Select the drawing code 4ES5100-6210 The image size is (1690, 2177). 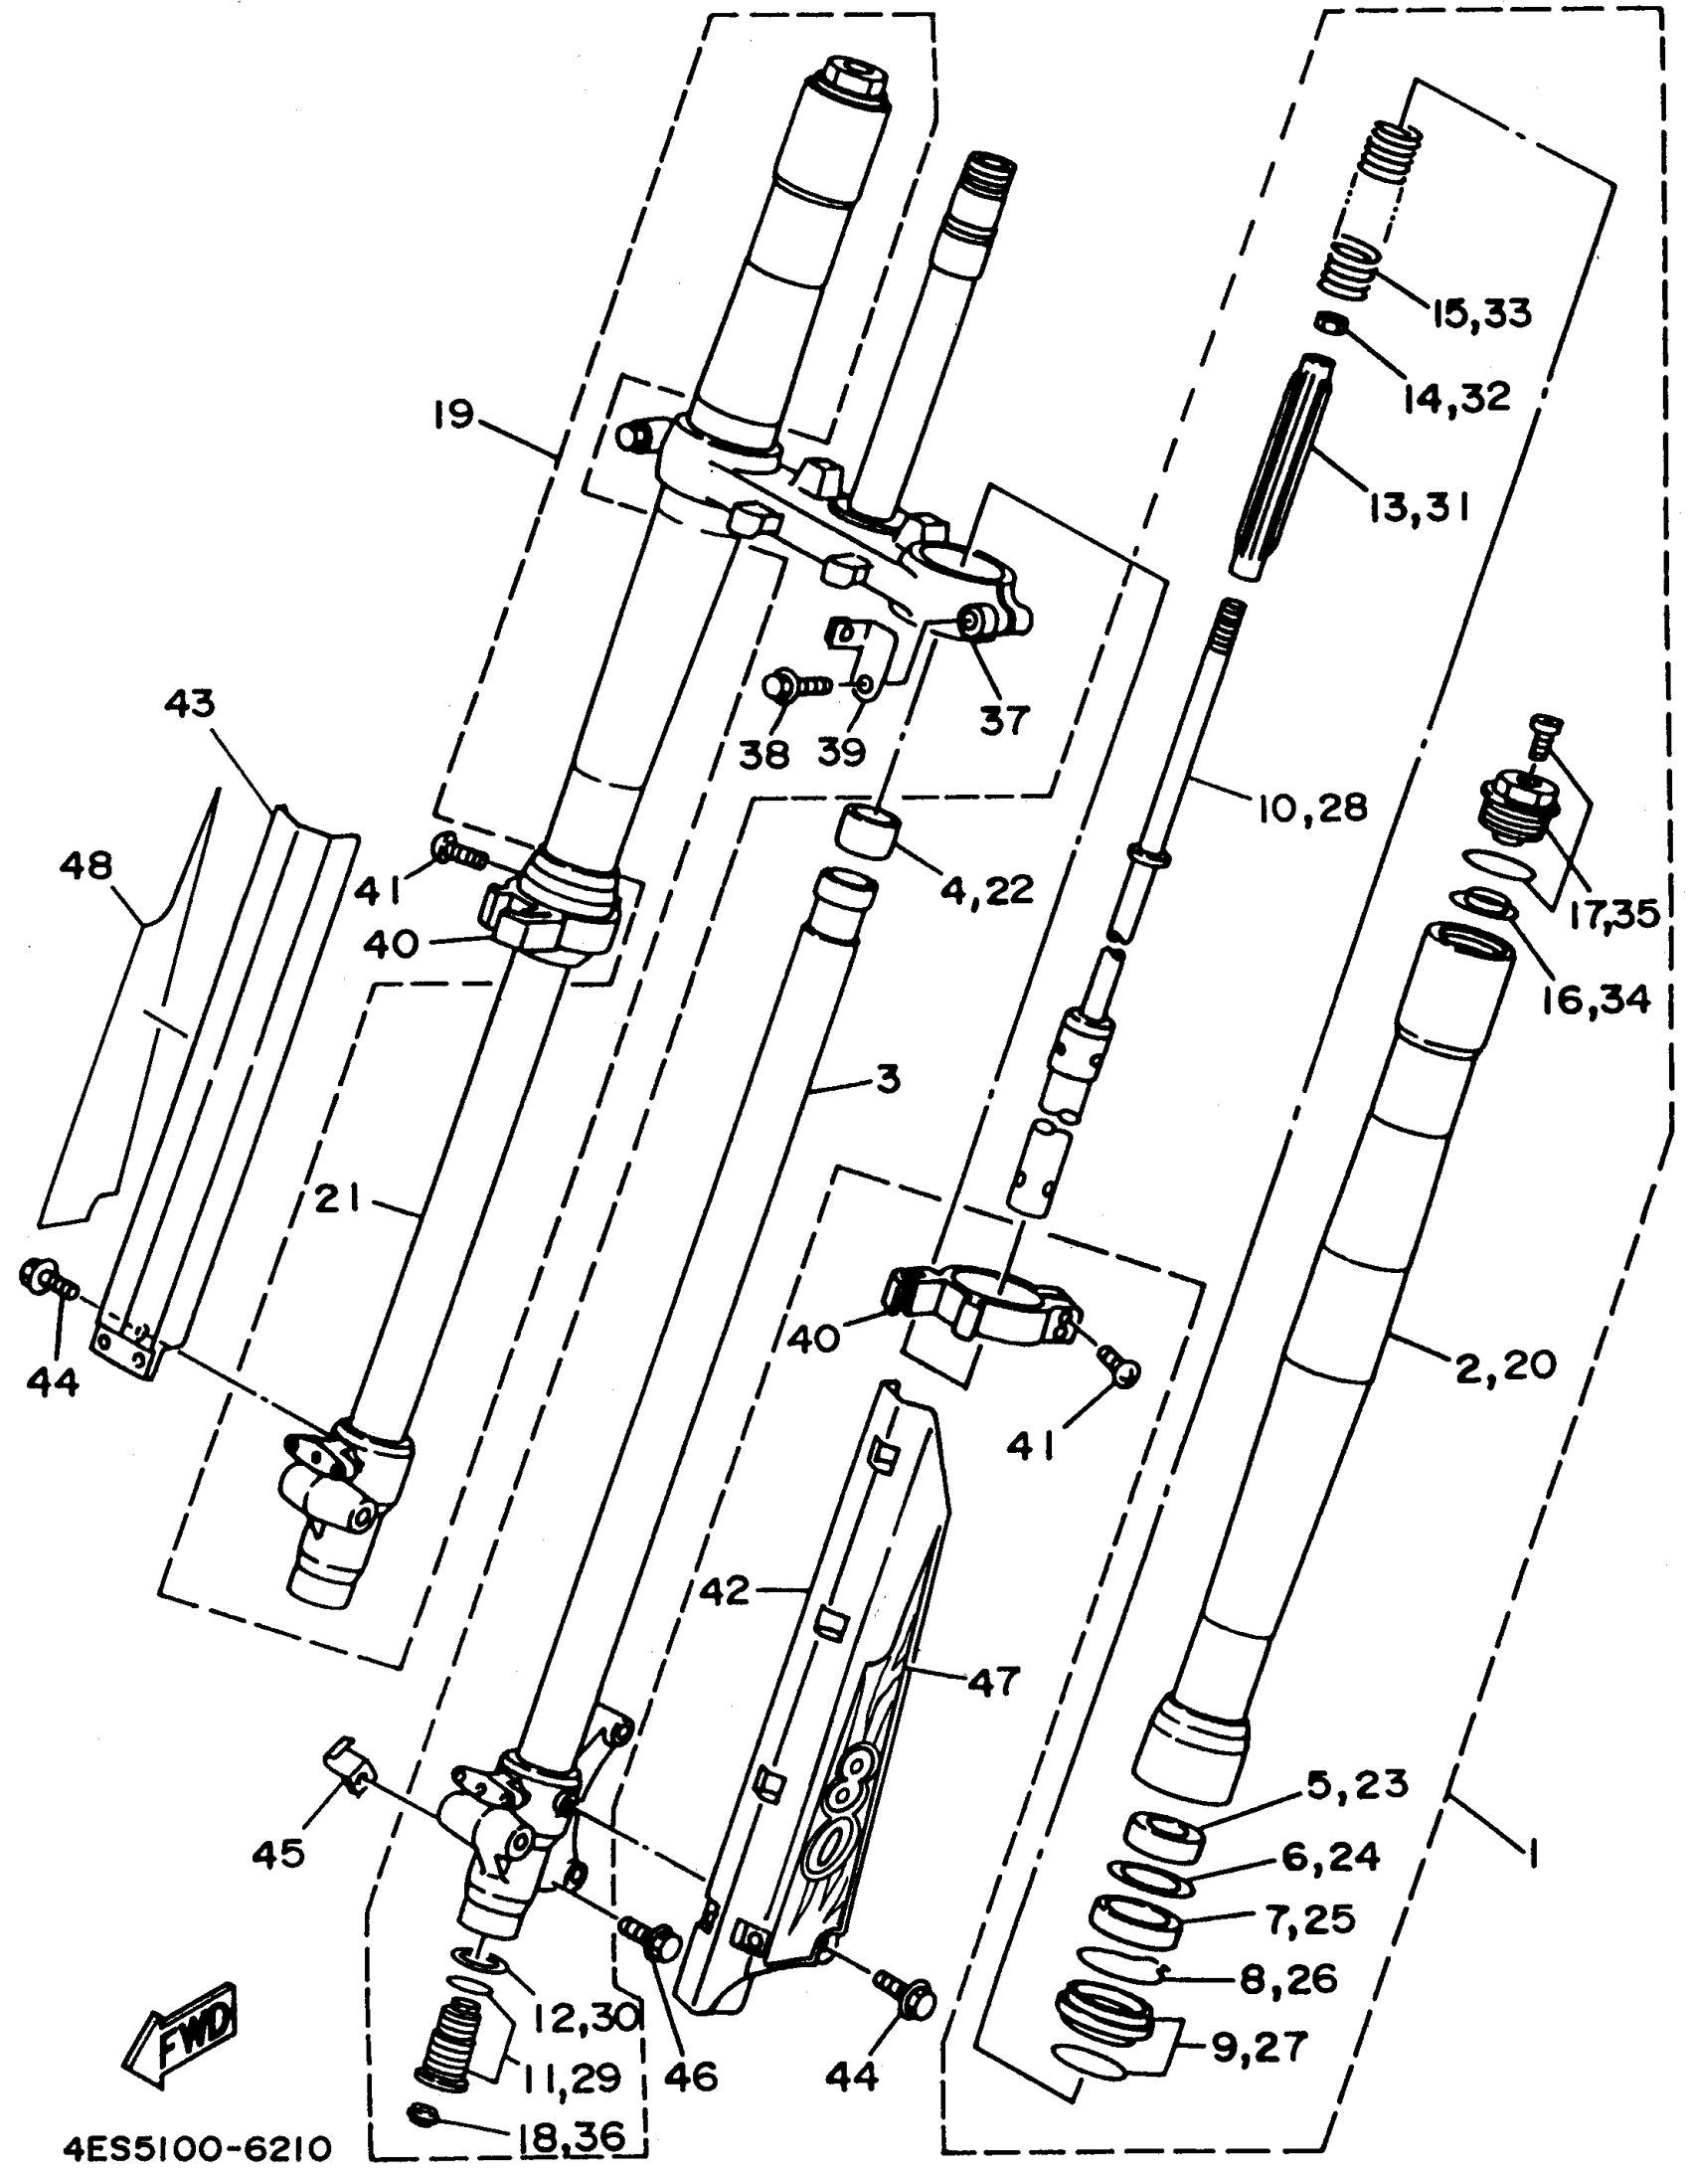coord(196,2143)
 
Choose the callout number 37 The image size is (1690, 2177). coord(1003,719)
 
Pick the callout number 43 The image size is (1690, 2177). coord(189,705)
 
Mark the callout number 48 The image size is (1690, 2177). coord(85,865)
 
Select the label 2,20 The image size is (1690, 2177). coord(1506,1364)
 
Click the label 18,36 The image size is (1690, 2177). coord(572,2135)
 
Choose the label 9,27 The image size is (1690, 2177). coord(1259,2048)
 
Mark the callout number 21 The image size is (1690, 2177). coord(339,1202)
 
